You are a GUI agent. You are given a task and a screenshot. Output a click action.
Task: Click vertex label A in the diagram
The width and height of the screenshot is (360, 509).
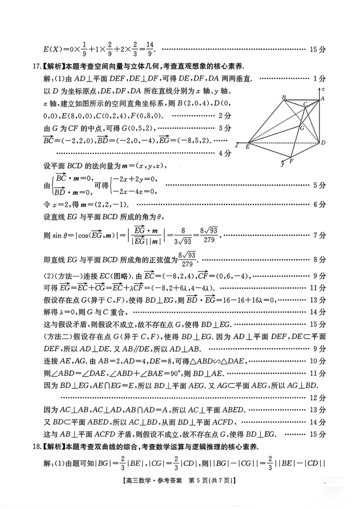[x=322, y=98]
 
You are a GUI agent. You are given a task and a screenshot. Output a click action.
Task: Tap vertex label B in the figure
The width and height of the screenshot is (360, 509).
[x=284, y=97]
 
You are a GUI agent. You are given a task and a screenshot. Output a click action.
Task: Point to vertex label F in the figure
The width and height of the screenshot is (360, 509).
[x=291, y=161]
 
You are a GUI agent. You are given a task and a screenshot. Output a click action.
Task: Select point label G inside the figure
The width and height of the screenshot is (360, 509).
[x=302, y=127]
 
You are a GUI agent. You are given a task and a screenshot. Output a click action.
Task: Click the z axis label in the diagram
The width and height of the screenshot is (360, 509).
[x=323, y=89]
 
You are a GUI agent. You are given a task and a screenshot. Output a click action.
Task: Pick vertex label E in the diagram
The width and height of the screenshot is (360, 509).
[x=247, y=147]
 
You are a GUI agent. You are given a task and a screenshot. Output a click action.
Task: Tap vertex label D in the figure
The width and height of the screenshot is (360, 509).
[x=323, y=143]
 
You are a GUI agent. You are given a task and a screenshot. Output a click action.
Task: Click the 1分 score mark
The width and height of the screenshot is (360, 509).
[x=319, y=79]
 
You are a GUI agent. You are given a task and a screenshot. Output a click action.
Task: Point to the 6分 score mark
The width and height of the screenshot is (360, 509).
[x=319, y=204]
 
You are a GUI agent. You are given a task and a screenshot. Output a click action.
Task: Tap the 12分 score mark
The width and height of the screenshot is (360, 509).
[x=318, y=398]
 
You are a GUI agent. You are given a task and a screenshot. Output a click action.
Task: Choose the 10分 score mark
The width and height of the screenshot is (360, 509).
[x=318, y=361]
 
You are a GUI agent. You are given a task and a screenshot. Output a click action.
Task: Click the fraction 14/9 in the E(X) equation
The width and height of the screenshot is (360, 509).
[x=150, y=49]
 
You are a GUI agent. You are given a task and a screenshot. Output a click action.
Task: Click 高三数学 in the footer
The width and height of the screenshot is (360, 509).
[x=137, y=481]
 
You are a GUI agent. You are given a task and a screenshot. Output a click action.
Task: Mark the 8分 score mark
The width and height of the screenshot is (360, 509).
[x=319, y=260]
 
